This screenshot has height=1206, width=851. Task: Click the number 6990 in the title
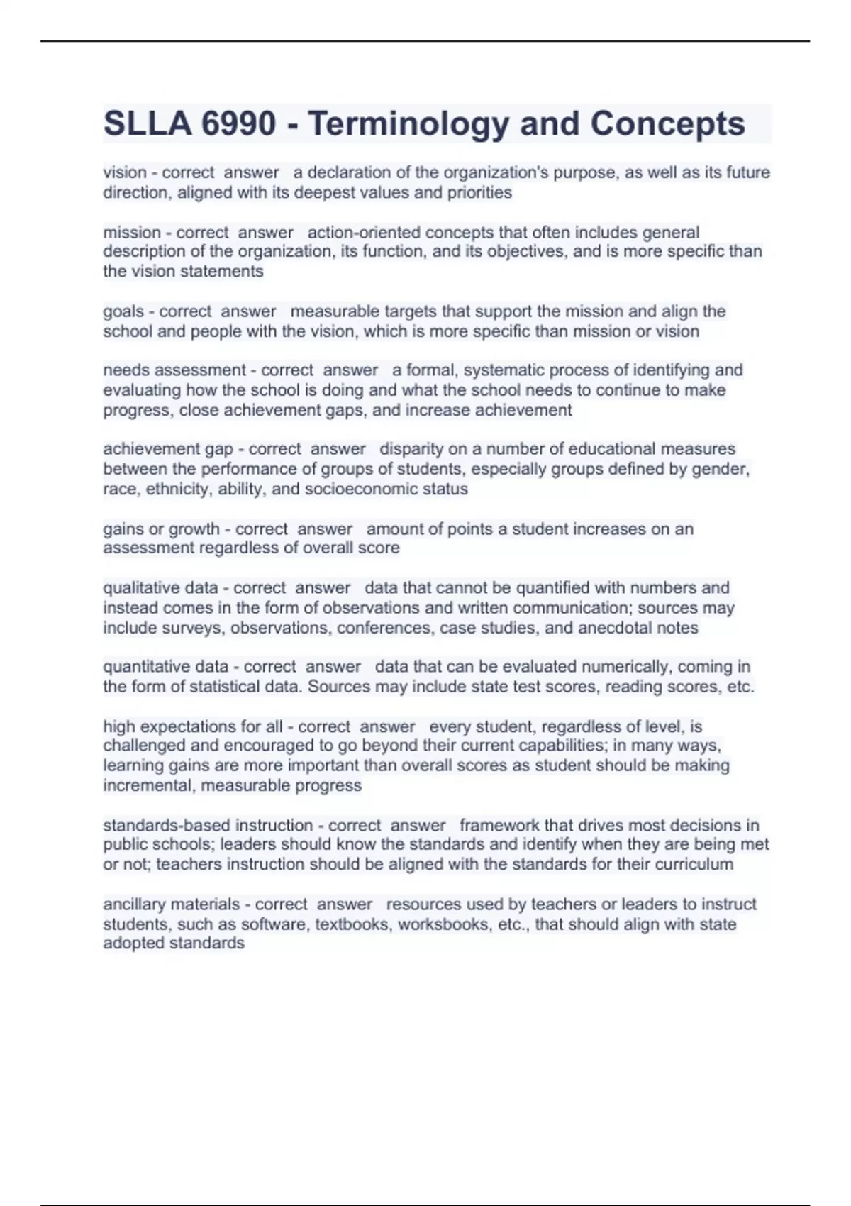point(238,124)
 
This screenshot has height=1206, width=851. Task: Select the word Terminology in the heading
point(408,124)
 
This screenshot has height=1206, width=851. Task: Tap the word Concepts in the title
point(667,124)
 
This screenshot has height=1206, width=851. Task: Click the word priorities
point(479,192)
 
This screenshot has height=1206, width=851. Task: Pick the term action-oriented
point(365,233)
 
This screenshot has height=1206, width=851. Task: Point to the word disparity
point(410,449)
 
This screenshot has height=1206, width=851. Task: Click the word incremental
point(148,785)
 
